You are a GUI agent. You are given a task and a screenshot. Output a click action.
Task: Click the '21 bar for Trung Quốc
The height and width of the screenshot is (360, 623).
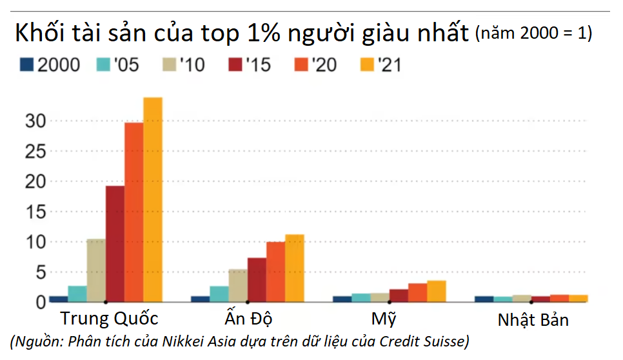pos(153,199)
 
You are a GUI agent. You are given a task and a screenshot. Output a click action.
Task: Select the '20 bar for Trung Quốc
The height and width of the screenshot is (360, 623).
pos(134,212)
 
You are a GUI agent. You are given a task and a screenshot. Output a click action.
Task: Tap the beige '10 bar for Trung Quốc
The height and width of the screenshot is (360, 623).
pos(96,270)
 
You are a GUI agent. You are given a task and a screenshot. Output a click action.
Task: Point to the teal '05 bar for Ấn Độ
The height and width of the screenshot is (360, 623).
pos(219,294)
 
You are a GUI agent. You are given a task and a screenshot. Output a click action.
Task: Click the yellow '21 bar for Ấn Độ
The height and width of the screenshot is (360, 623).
pos(295,268)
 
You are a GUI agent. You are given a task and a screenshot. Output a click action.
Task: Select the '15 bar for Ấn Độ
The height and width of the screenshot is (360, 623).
pos(257,280)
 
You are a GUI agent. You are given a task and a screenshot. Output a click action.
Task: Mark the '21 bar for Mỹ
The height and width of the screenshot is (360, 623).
pos(437,291)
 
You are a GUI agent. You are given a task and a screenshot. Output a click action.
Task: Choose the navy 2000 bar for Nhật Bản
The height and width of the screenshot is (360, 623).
pos(484,299)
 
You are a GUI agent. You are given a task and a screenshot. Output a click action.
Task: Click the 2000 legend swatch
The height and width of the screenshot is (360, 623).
pos(26,65)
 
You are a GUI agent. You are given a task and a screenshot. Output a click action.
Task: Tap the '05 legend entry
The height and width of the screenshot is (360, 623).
pos(117,65)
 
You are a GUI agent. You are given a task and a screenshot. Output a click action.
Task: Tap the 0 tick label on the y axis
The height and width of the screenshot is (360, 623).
pos(41,302)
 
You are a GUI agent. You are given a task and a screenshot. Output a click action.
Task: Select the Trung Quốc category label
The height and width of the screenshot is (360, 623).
pos(110,319)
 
